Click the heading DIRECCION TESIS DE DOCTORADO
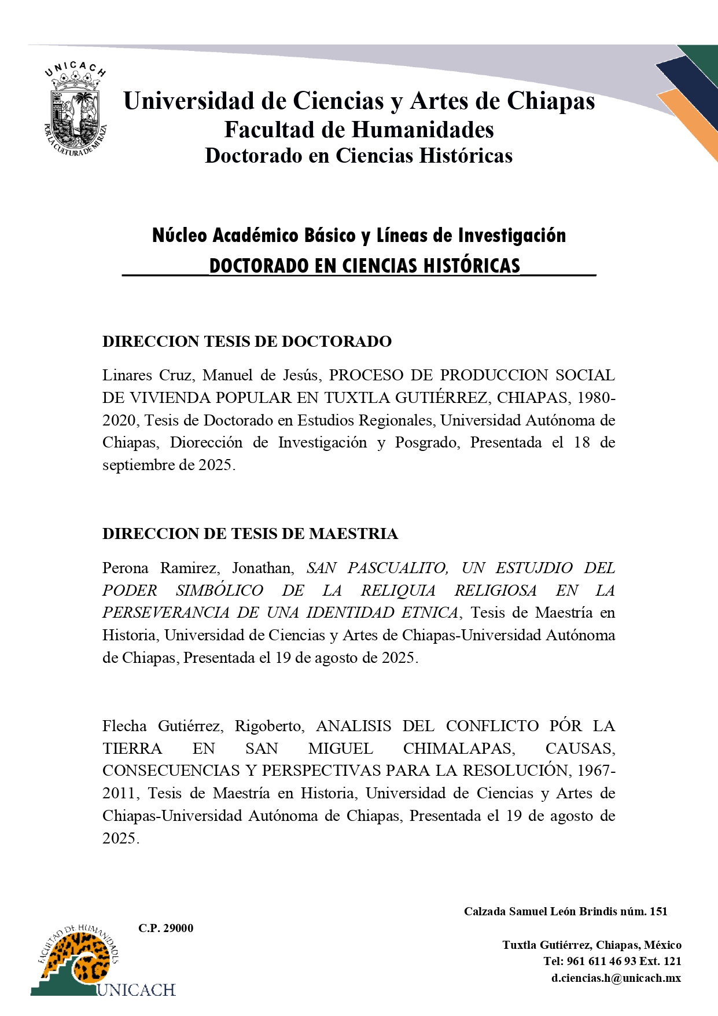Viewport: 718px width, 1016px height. click(247, 342)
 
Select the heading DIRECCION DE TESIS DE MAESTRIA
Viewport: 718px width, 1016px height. click(250, 534)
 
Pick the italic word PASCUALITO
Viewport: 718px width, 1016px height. click(397, 568)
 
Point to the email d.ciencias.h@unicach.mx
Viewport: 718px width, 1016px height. click(616, 978)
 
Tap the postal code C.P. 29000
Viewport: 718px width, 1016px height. click(165, 928)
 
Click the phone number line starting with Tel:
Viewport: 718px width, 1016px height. click(612, 961)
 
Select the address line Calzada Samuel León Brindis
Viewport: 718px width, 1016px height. click(565, 911)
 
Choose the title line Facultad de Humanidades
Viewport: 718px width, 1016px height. click(359, 130)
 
